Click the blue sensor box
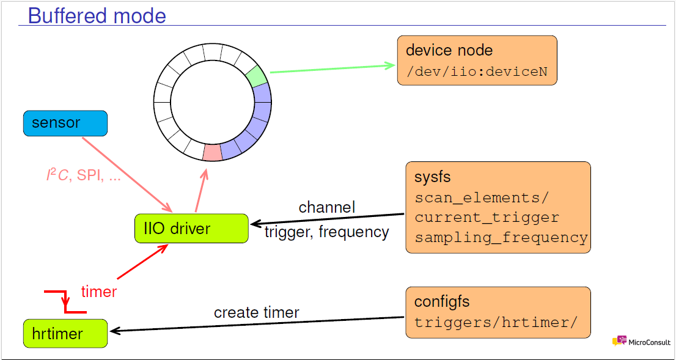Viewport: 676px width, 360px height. [x=65, y=123]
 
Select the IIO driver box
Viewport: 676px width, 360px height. [x=191, y=229]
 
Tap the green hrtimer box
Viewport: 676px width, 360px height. [x=65, y=333]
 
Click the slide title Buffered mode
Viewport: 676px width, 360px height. [x=97, y=15]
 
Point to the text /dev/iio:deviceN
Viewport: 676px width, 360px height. [x=477, y=72]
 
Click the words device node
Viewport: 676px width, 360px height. [x=449, y=51]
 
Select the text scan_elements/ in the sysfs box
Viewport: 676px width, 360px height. [x=482, y=198]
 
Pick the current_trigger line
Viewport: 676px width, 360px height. [x=487, y=218]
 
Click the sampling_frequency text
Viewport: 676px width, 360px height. [x=501, y=237]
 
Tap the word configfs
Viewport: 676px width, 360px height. [x=442, y=301]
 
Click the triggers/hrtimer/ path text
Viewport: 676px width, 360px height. [x=495, y=322]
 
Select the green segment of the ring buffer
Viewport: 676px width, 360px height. [x=256, y=76]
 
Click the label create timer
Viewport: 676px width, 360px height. [x=256, y=312]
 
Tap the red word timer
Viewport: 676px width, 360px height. [x=98, y=292]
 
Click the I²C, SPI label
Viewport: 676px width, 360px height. [x=84, y=175]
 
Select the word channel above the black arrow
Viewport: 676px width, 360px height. [x=326, y=207]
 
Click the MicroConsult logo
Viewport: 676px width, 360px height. [x=641, y=342]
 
